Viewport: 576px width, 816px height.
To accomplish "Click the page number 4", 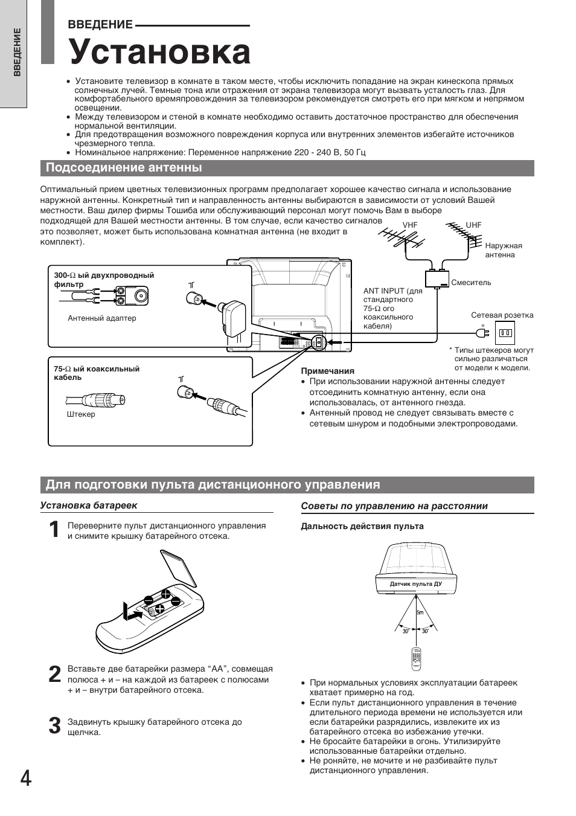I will click(25, 779).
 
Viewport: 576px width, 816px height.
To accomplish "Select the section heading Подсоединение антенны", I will click(124, 168).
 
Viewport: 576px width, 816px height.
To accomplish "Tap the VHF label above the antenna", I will click(410, 225).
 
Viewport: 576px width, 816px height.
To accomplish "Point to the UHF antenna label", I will click(473, 225).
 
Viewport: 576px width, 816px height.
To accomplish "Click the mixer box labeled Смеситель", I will click(438, 279).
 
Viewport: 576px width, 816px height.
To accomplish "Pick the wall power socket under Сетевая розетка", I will click(505, 333).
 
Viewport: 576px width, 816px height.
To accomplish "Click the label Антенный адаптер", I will click(101, 318).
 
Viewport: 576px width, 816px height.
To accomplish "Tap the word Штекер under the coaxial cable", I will click(81, 414).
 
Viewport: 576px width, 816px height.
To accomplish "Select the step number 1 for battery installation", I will click(54, 530).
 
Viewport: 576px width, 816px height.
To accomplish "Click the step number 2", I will click(54, 674).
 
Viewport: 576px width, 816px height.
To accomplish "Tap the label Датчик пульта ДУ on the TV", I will click(415, 584).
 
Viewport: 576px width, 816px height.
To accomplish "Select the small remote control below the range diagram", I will click(415, 659).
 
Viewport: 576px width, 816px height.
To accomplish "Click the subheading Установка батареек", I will click(89, 506).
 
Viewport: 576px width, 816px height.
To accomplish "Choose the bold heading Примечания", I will click(327, 371).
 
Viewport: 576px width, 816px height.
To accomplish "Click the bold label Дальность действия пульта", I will click(362, 527).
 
